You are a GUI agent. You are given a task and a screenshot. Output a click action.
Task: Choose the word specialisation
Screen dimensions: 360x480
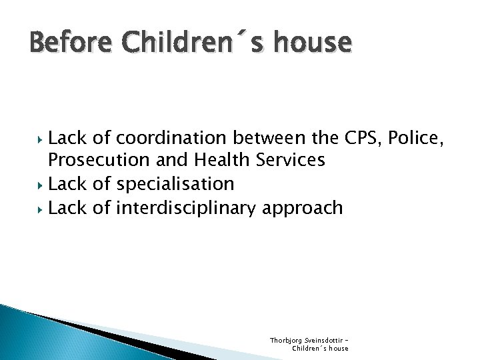coord(175,184)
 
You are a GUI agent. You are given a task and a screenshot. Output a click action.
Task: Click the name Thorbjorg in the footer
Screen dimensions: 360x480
coord(285,340)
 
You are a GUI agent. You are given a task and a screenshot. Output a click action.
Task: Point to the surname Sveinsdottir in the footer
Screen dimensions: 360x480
coord(324,340)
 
